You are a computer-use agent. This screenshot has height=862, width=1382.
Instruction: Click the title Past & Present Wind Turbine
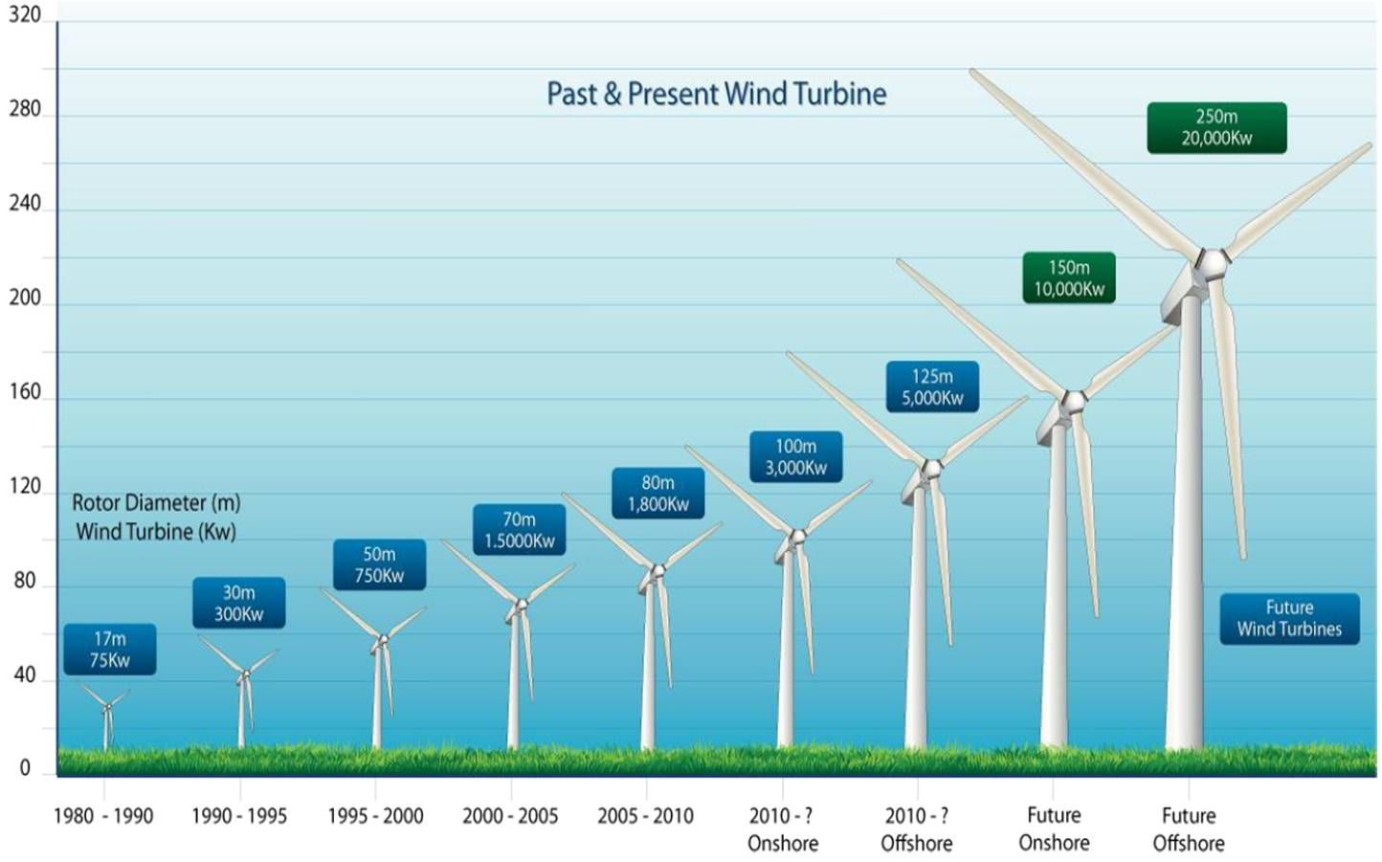point(716,94)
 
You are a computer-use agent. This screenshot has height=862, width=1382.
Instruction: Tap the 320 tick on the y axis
point(25,15)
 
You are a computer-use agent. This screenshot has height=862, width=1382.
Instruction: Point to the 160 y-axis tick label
point(25,392)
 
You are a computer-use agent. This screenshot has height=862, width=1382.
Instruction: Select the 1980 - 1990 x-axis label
point(103,816)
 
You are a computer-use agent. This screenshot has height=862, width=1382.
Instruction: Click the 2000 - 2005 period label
point(510,816)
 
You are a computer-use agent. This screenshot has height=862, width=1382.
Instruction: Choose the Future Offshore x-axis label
point(1189,829)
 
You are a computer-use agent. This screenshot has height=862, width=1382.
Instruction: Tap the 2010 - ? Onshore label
point(783,829)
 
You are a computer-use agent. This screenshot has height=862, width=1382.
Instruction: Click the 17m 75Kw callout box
point(110,650)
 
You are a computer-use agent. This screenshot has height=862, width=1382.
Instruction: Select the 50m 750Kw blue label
point(379,565)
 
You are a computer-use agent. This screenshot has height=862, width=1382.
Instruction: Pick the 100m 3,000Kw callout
point(795,457)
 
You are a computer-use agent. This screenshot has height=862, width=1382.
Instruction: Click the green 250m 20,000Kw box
point(1216,127)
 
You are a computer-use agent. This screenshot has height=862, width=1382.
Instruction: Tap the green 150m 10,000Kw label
point(1069,277)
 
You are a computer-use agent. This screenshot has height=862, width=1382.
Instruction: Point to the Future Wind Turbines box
point(1289,618)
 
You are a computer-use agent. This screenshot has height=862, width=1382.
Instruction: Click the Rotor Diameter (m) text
point(156,503)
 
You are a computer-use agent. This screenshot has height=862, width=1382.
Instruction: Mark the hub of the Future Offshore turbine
point(1213,261)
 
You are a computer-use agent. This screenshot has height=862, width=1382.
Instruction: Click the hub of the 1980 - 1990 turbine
point(107,707)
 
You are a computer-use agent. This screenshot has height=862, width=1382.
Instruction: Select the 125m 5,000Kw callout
point(932,387)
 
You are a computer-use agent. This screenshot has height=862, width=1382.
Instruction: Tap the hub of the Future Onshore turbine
point(1074,400)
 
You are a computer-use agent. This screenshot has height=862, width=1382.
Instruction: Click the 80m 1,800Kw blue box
point(658,494)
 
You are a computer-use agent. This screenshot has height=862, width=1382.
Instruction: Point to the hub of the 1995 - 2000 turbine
point(383,639)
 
